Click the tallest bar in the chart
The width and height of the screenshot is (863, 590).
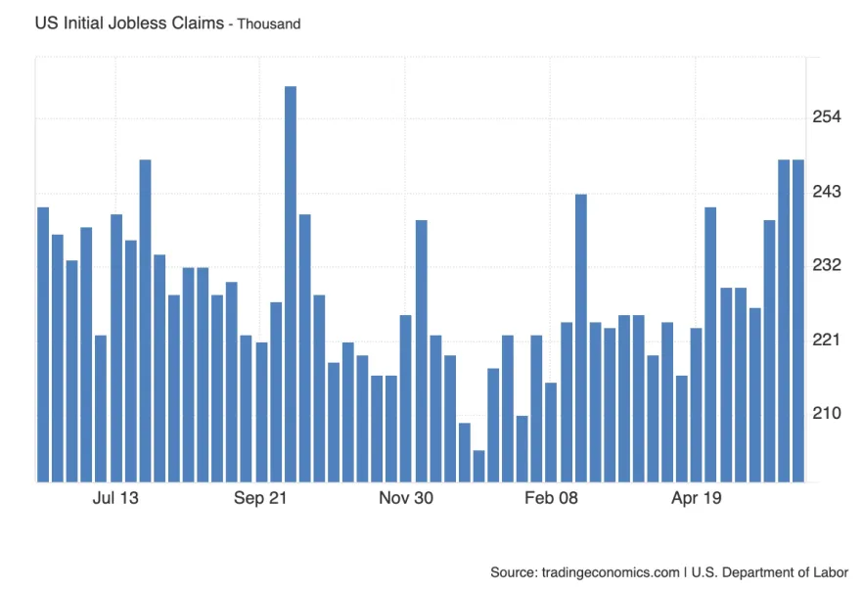[x=291, y=284]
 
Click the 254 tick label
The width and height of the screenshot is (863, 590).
[x=827, y=117]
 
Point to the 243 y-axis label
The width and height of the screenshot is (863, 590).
[x=827, y=191]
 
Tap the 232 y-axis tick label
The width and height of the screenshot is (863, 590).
[x=827, y=265]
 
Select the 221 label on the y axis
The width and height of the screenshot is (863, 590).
[x=827, y=340]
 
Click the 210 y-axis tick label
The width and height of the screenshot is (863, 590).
[x=827, y=413]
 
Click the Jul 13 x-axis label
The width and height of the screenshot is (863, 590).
[x=115, y=498]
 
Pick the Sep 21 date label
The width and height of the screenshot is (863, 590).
[x=260, y=498]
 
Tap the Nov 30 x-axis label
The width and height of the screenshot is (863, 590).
[x=405, y=498]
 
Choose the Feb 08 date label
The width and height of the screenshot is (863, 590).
[x=551, y=498]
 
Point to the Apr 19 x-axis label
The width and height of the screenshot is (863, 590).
[x=696, y=498]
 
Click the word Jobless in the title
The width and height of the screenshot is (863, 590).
[x=132, y=23]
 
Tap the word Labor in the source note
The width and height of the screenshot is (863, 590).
[x=830, y=572]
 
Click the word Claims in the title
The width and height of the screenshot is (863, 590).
[x=193, y=23]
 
